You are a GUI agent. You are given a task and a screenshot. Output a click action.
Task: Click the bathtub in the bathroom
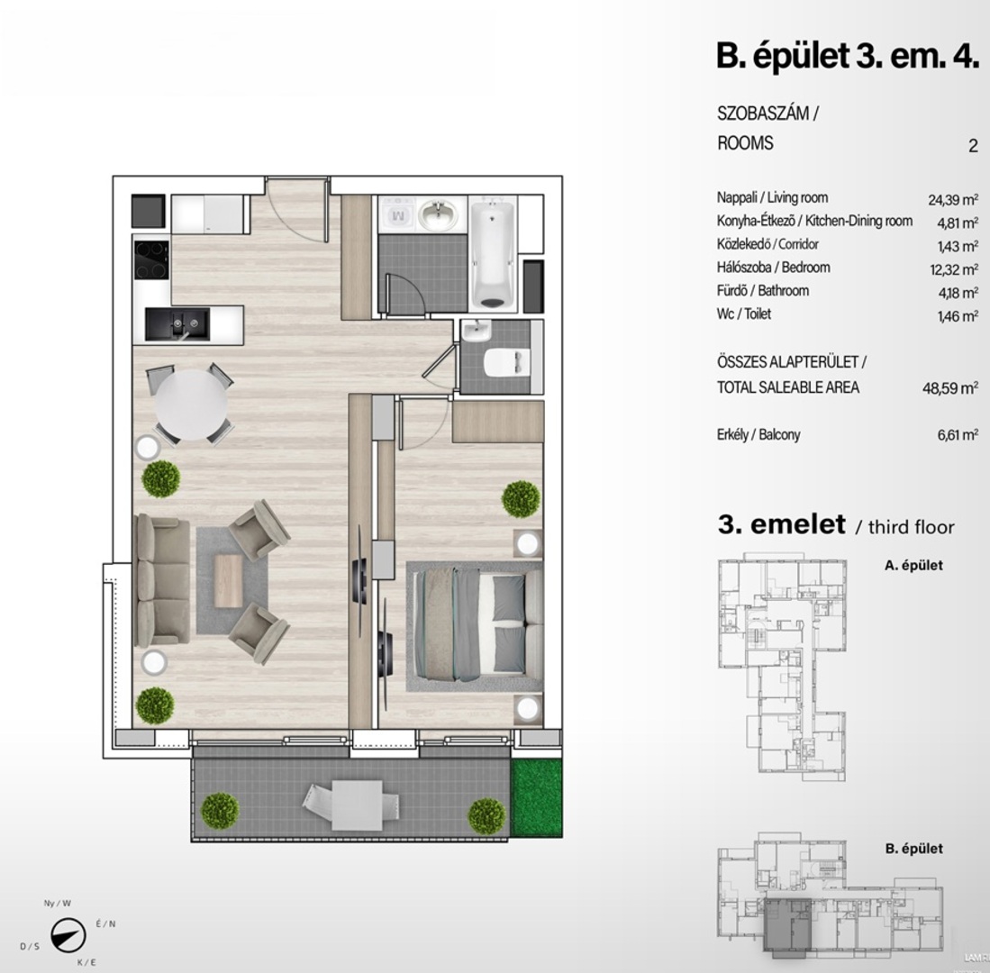494,253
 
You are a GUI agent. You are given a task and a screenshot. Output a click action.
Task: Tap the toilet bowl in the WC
504,362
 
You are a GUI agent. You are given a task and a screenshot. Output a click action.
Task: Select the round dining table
191,405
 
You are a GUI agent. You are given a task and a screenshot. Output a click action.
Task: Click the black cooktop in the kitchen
151,260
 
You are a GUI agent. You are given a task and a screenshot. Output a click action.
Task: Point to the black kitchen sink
177,324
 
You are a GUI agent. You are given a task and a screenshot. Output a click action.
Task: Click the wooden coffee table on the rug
228,581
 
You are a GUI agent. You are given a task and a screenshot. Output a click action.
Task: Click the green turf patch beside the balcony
536,798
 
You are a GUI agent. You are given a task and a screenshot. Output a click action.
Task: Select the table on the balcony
357,805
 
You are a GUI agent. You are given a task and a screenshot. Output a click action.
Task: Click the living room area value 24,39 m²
953,199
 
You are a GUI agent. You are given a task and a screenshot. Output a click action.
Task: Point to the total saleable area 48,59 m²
950,387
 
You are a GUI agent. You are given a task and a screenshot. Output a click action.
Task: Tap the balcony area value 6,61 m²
958,434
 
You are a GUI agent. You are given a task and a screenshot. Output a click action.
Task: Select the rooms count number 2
973,146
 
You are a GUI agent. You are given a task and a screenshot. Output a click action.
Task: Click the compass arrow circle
68,935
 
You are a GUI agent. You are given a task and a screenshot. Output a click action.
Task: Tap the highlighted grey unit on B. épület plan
787,924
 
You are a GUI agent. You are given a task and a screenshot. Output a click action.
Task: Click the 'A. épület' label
913,565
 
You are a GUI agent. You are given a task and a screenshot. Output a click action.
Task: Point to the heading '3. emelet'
781,524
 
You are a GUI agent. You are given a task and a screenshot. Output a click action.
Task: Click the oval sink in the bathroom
441,214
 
